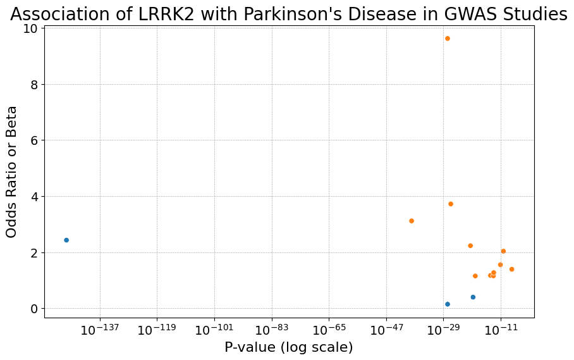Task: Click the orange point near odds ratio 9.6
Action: click(448, 39)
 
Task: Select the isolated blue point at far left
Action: click(66, 240)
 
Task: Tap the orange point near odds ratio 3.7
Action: click(451, 204)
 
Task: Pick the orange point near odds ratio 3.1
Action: click(412, 221)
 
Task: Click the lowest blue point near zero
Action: click(448, 304)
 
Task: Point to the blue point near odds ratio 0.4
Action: click(473, 297)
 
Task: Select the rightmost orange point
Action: click(512, 270)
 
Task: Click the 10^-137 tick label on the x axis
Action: click(100, 329)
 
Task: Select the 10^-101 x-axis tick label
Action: click(214, 329)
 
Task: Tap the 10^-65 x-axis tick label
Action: click(329, 329)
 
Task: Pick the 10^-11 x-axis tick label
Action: click(501, 329)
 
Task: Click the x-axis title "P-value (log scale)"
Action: click(289, 347)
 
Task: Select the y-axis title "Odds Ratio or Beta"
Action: click(12, 172)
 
